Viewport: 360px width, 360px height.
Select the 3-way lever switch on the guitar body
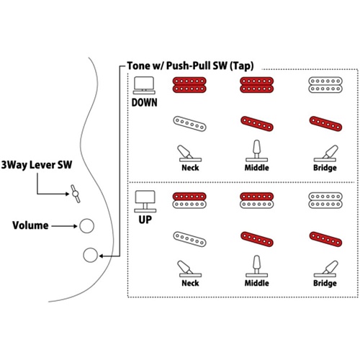76,194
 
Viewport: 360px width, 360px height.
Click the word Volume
30,225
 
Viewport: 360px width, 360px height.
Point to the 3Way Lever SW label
37,165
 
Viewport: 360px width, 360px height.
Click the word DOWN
144,103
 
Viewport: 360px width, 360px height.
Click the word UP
145,220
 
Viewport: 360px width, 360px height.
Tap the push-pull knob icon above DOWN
144,85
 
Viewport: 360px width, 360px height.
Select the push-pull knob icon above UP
145,202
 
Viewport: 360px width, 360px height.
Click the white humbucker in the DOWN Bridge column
325,85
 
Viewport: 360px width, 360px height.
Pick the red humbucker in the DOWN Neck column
189,85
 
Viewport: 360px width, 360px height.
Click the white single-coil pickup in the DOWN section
189,124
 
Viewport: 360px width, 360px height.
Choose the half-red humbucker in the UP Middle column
257,200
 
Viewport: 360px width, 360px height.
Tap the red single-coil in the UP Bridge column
325,239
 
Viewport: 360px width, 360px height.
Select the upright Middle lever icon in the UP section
257,266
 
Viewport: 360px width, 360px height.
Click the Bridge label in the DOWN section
325,168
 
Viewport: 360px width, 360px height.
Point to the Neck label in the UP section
190,283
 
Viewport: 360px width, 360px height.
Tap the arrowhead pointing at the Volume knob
76,226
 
